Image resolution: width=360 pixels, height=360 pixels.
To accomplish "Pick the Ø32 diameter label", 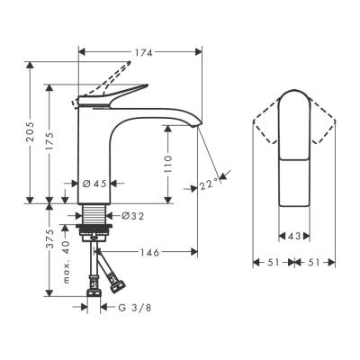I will (132, 216).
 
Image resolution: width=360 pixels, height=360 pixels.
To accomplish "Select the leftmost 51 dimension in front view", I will (268, 263).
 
